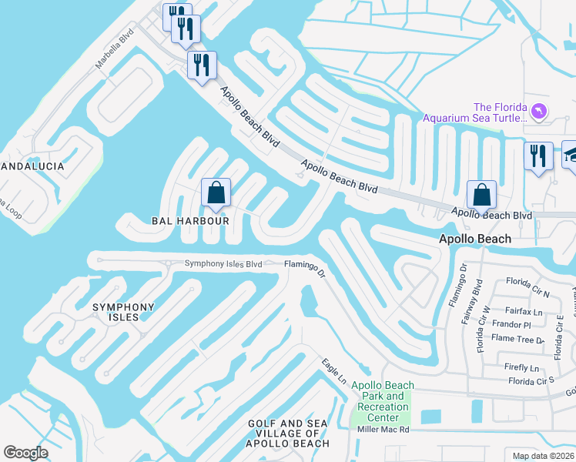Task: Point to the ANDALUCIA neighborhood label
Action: pyautogui.click(x=31, y=166)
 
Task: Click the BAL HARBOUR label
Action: pyautogui.click(x=190, y=221)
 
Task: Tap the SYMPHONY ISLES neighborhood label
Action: pyautogui.click(x=123, y=312)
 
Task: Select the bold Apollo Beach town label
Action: pyautogui.click(x=474, y=239)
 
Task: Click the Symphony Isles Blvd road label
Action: pyautogui.click(x=223, y=264)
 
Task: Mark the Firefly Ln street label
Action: pyautogui.click(x=520, y=368)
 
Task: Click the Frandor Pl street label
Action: pyautogui.click(x=511, y=325)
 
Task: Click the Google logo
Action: pyautogui.click(x=25, y=453)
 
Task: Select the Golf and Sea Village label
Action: pyautogui.click(x=287, y=434)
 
